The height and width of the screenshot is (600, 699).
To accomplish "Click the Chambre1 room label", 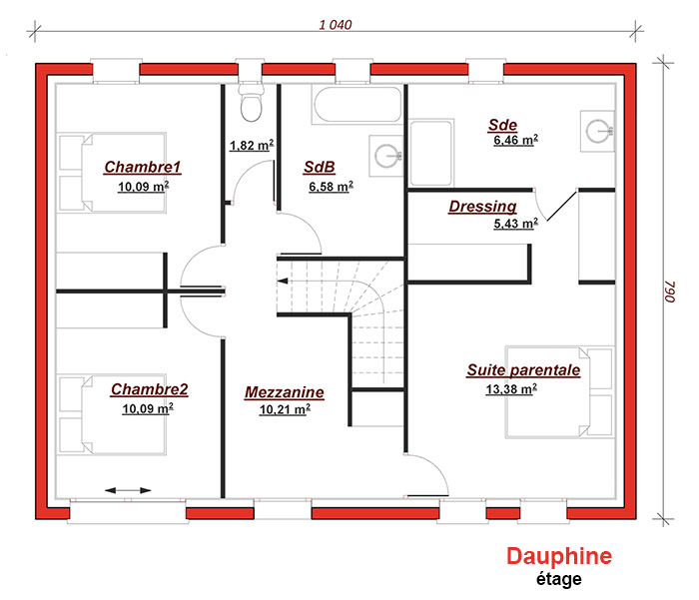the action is (x=143, y=167).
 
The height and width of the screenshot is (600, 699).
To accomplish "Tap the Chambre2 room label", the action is (x=150, y=389).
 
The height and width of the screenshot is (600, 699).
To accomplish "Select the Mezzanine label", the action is (x=285, y=392).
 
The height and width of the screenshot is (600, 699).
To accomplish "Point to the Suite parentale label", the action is (x=523, y=370).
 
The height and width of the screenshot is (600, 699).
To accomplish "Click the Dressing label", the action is (x=482, y=207).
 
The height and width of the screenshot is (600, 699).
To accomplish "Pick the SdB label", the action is (x=320, y=167).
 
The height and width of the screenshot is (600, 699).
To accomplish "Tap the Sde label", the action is (x=503, y=125).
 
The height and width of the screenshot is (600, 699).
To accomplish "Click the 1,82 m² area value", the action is (x=252, y=146).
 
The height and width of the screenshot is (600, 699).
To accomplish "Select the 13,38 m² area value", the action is (x=511, y=389).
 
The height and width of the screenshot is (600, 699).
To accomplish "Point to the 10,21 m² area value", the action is (x=285, y=409).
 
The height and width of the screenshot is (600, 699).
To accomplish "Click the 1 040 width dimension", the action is (x=336, y=25).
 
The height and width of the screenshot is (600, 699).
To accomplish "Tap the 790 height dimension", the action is (x=670, y=292).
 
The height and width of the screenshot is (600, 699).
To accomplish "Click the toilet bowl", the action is (x=252, y=104).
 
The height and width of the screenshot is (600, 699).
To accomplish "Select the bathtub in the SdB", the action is (x=356, y=105).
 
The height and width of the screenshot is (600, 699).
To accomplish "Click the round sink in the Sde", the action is (x=598, y=131).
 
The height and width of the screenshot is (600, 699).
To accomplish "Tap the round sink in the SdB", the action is (x=386, y=156).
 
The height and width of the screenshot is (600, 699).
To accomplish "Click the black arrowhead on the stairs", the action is (x=283, y=281).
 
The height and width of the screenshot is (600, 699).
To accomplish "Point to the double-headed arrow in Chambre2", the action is (x=128, y=490).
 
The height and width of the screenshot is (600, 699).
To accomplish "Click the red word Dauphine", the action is (x=559, y=556).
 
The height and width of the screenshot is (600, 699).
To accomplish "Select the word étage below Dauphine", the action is (x=558, y=579).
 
